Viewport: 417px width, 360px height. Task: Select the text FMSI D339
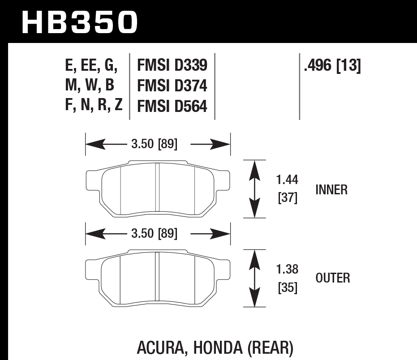[x=172, y=66]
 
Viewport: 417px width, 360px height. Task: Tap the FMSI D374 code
[x=172, y=86]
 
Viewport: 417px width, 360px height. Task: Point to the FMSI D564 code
[x=172, y=107]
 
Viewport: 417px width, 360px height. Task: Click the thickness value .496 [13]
[x=332, y=66]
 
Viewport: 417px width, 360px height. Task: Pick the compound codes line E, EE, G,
[x=91, y=66]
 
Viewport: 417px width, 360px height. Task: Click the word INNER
[x=331, y=190]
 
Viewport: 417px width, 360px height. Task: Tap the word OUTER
[x=333, y=278]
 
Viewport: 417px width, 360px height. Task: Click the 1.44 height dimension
[x=287, y=180]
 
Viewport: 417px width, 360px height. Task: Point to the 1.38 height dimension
[x=287, y=270]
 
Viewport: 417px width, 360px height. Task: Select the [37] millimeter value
[x=287, y=197]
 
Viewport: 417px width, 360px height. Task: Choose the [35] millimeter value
[x=287, y=287]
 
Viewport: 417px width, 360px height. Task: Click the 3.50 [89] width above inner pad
[x=155, y=144]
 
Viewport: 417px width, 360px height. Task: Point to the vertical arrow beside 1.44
[x=254, y=189]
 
